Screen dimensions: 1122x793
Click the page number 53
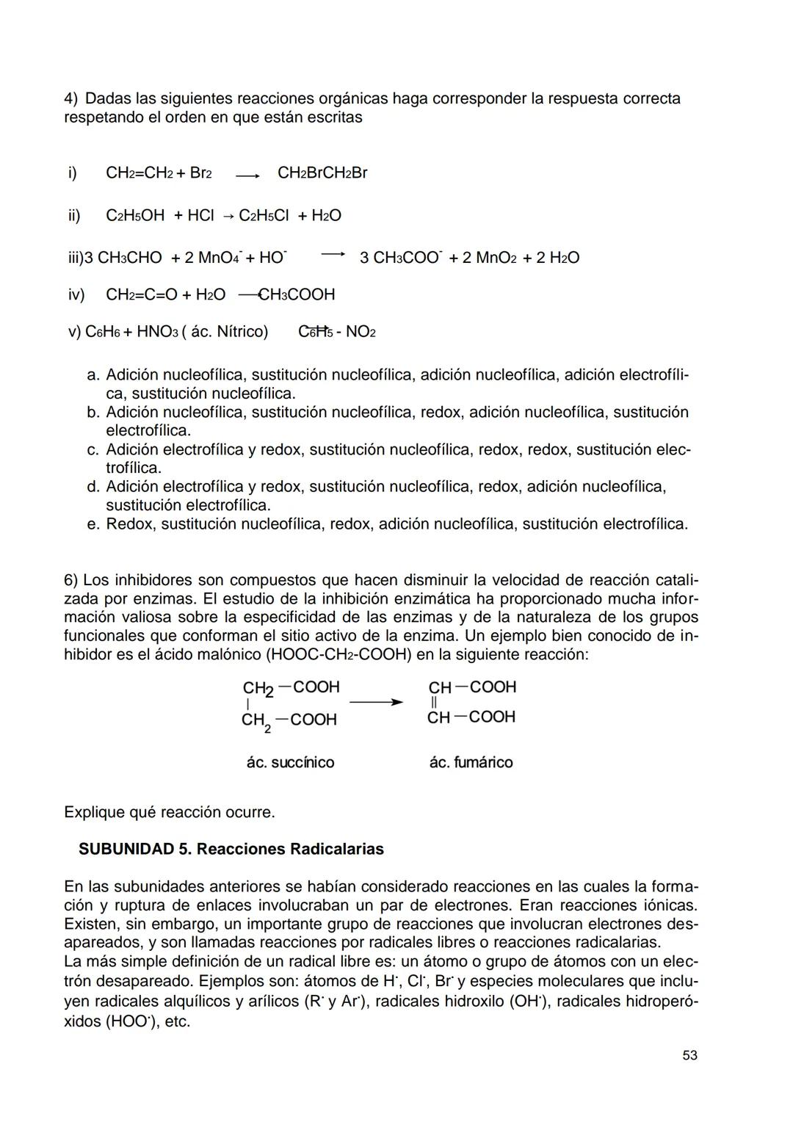(x=689, y=1055)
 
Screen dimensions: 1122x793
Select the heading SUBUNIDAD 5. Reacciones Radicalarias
(x=231, y=849)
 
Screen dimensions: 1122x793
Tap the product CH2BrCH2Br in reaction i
(x=322, y=173)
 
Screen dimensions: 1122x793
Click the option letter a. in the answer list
(x=93, y=375)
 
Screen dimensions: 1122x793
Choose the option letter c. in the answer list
(x=93, y=449)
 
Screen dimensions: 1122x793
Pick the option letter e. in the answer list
(x=93, y=524)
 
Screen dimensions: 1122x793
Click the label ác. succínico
(x=290, y=762)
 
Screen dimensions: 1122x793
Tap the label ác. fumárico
(x=471, y=762)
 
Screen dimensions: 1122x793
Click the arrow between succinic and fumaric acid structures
(x=376, y=702)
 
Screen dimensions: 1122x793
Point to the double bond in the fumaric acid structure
(x=433, y=703)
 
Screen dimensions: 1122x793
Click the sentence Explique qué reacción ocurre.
(x=170, y=812)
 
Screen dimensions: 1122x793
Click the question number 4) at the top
(x=71, y=98)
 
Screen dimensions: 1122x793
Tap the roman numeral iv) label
(x=76, y=294)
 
